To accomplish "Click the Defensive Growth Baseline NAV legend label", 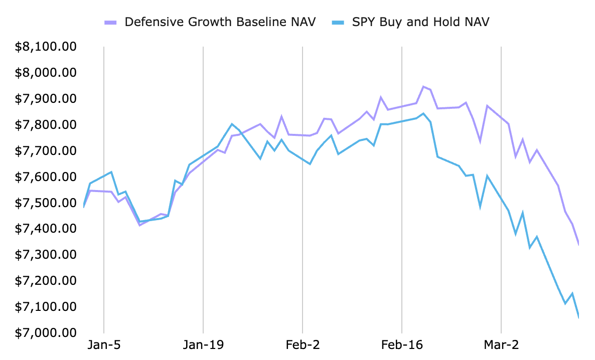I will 220,22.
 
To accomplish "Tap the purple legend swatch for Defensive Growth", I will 110,23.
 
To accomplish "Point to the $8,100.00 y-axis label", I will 46,47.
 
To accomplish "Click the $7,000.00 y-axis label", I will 46,332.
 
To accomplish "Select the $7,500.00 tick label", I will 46,203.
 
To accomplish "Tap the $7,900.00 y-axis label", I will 46,99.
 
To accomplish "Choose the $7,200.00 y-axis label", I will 46,280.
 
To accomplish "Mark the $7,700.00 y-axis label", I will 46,150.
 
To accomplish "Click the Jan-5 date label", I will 103,345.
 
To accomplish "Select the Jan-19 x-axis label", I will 203,345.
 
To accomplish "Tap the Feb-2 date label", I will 303,345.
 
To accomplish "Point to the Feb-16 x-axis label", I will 402,345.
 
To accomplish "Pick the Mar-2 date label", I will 502,345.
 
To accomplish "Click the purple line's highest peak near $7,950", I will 423,87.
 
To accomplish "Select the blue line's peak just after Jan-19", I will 232,124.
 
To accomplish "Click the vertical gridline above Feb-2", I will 303,100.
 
